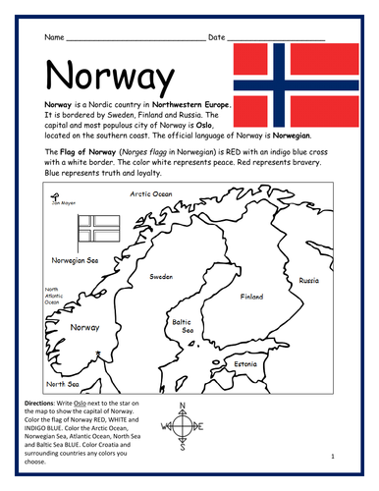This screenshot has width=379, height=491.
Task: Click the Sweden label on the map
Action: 161,277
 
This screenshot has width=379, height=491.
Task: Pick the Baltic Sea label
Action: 182,326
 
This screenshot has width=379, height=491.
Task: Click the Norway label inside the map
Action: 79,327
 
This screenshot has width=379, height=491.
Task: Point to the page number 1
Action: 333,456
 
